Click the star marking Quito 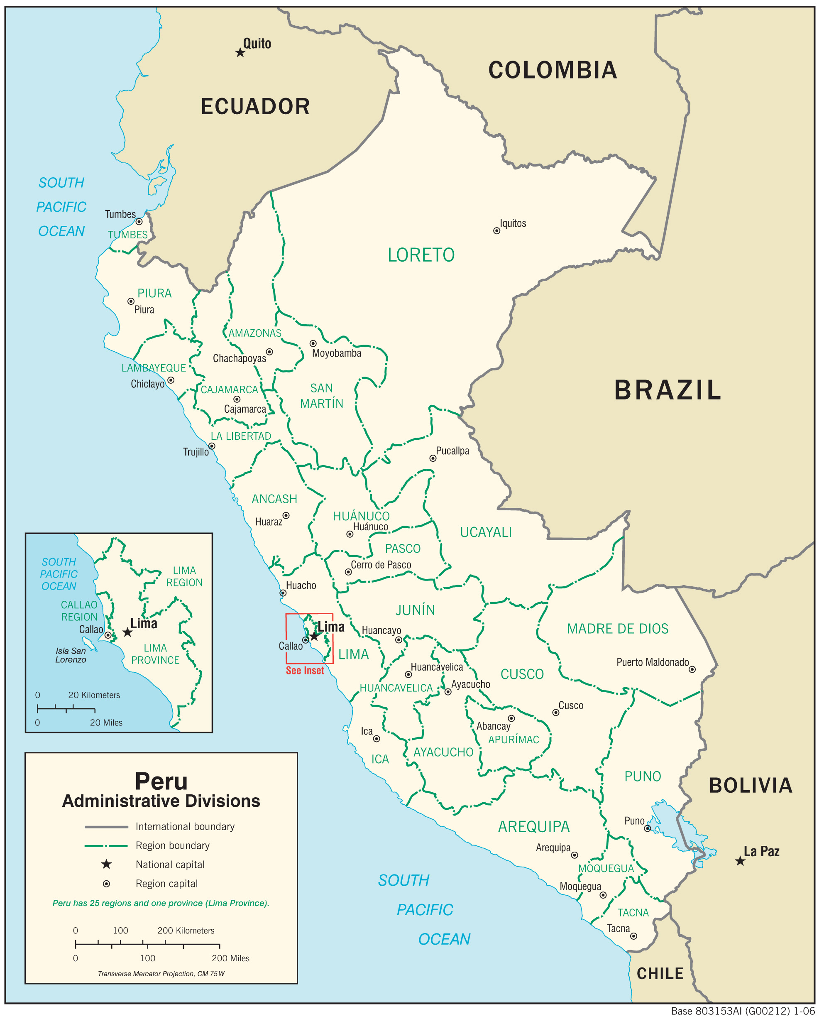click(240, 52)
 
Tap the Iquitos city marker click(496, 231)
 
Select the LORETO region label click(421, 255)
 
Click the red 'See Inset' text click(305, 671)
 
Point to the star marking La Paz click(740, 861)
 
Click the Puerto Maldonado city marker click(692, 669)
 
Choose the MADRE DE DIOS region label click(618, 629)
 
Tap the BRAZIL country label click(668, 390)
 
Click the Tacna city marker click(633, 936)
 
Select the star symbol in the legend click(106, 864)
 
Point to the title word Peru click(161, 781)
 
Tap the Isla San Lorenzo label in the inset click(71, 655)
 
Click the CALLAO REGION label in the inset click(79, 611)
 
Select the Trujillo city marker click(212, 446)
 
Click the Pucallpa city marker click(433, 458)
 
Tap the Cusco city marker click(556, 713)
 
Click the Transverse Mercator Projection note click(161, 974)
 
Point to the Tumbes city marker click(139, 222)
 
